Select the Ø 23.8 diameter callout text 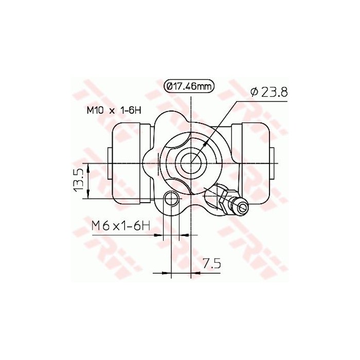[268, 92]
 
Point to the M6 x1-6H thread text [120, 225]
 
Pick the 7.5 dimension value [211, 264]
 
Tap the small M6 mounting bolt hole [171, 200]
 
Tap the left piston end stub [109, 160]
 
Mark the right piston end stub [272, 160]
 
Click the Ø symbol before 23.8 [254, 92]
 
